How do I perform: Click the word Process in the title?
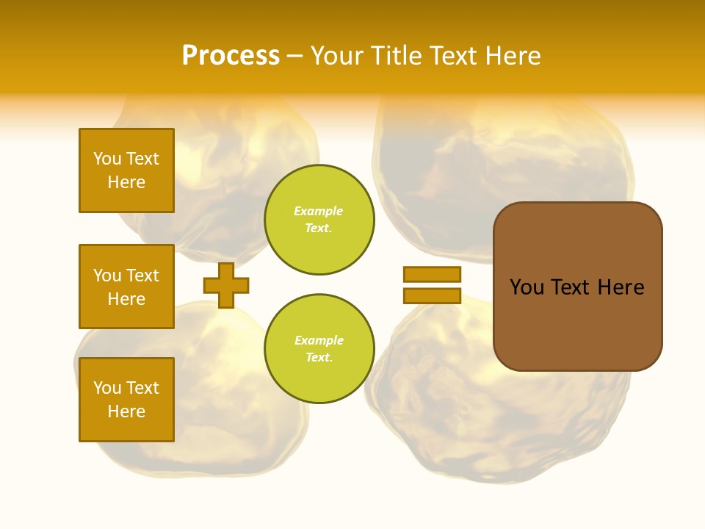231,56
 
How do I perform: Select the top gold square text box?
126,170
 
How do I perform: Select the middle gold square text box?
126,287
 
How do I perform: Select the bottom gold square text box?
126,400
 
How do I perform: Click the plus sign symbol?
226,285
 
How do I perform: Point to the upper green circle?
319,220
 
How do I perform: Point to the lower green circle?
319,349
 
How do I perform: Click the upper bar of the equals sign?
432,274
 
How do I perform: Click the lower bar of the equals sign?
432,295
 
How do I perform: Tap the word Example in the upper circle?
319,211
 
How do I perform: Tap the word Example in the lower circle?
319,340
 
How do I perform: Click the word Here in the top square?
126,182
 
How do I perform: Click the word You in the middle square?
106,276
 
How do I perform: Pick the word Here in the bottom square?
126,411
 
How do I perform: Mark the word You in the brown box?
527,287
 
